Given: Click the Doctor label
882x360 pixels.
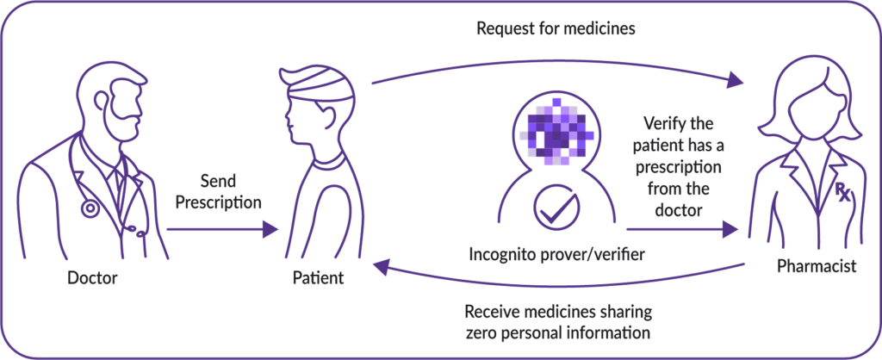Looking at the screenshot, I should [x=92, y=278].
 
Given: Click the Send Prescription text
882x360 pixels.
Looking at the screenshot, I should [x=219, y=195].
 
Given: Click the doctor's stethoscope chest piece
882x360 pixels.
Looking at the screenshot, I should [x=89, y=208].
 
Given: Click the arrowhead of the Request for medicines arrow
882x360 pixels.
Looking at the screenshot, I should [x=735, y=81].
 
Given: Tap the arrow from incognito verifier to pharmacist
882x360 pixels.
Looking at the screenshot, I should [x=680, y=230].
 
